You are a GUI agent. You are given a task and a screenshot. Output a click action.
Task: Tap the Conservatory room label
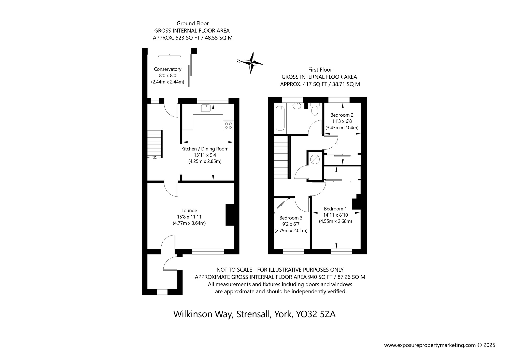(167, 69)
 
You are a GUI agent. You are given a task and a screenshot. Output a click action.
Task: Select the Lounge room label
(189, 211)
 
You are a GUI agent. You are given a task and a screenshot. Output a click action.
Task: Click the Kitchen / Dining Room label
(205, 149)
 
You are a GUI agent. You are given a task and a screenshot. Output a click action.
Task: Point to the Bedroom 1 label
(335, 209)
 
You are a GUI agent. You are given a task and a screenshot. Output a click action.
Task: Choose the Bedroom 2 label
(342, 115)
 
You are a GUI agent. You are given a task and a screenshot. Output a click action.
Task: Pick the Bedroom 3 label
(291, 218)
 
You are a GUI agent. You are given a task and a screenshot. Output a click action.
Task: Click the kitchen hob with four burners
(228, 126)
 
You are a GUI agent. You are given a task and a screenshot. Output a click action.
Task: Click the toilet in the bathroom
(315, 109)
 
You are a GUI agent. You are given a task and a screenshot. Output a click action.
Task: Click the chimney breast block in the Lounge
(230, 215)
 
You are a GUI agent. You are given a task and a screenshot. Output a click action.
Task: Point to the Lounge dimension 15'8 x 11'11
(189, 217)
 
